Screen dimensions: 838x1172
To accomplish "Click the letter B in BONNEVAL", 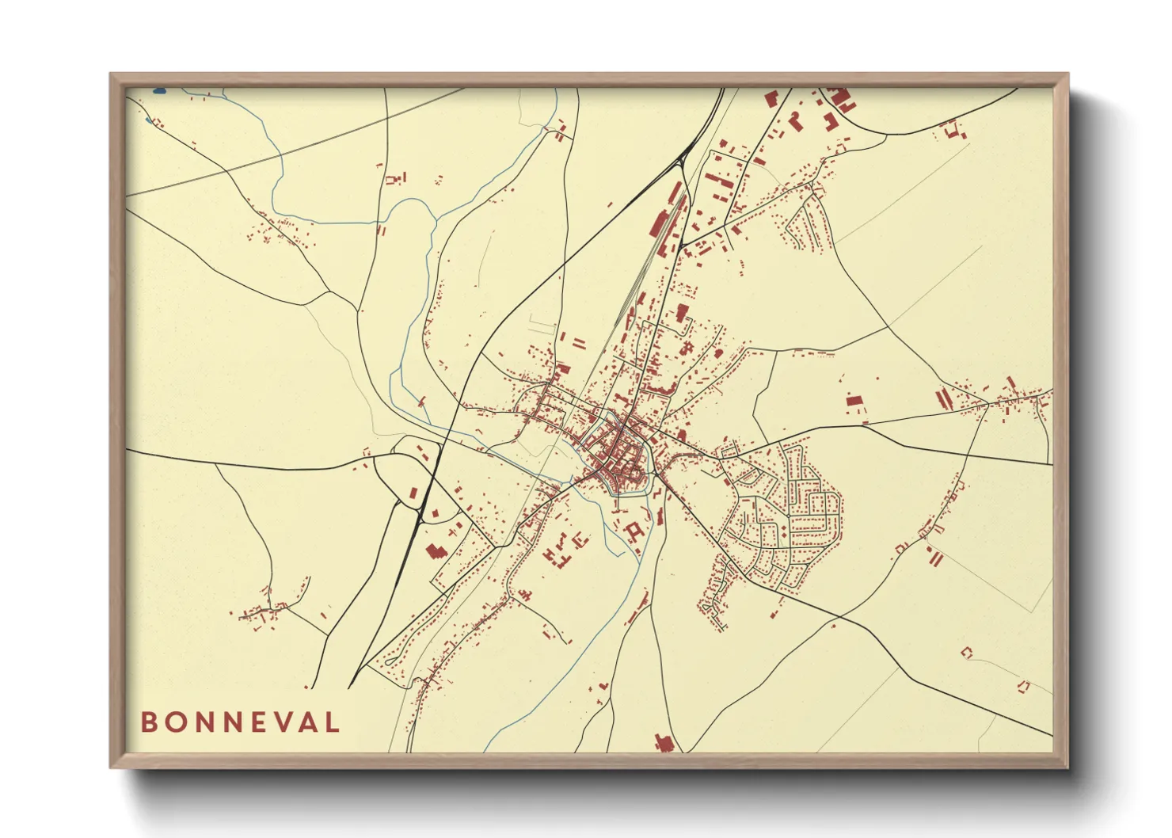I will tap(149, 722).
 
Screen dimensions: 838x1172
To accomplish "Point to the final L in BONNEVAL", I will tap(333, 722).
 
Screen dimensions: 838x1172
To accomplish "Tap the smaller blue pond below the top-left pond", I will tap(148, 121).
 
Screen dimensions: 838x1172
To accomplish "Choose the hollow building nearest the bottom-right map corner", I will tap(1023, 686).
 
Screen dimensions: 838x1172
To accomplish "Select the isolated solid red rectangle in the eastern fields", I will tap(853, 402).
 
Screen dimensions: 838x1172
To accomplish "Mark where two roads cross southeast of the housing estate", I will tap(839, 616).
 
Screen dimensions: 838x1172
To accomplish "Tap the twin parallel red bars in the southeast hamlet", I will tap(935, 558).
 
